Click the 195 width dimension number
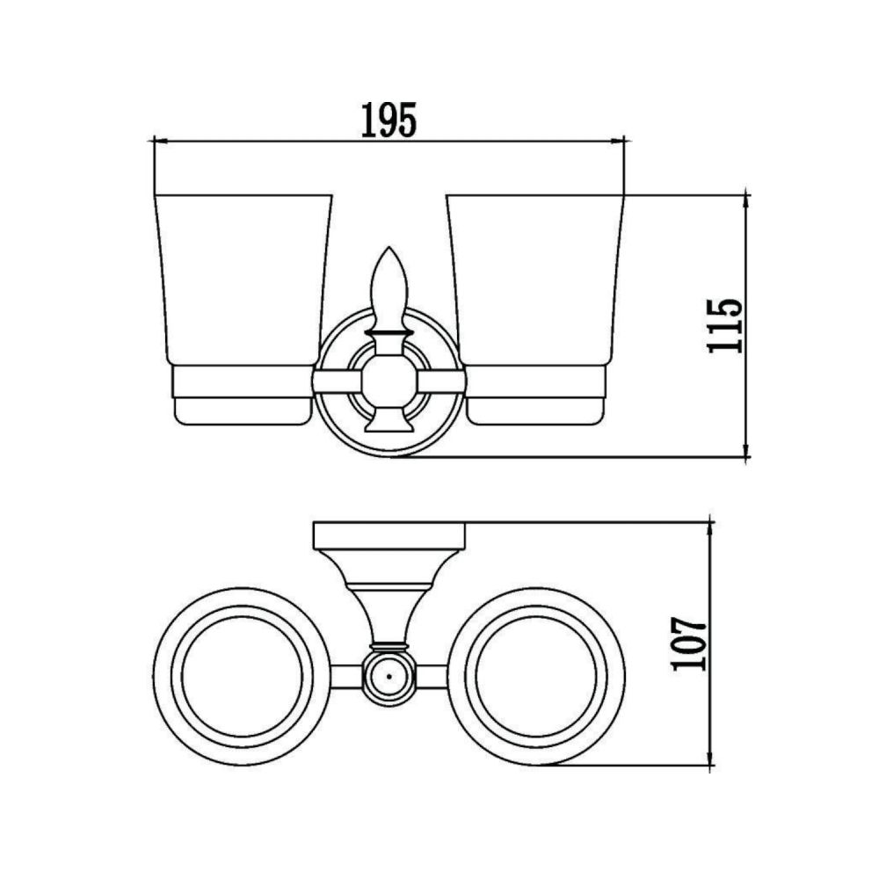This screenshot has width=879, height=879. point(389,120)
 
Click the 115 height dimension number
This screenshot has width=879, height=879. point(725,326)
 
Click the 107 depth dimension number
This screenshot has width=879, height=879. point(689,644)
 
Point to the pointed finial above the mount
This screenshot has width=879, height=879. point(389,288)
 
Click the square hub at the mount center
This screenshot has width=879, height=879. point(389,383)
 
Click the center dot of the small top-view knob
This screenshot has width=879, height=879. point(389,677)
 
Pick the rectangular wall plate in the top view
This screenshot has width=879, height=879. point(389,536)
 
